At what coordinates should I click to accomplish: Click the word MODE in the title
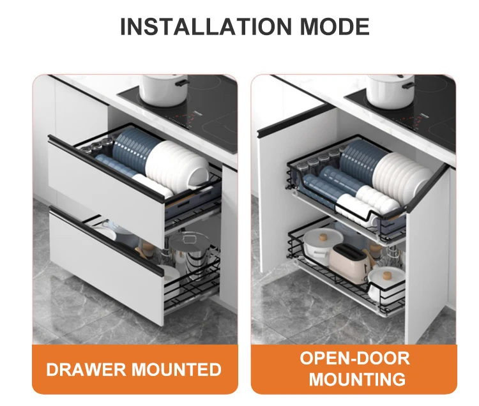click(x=335, y=27)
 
